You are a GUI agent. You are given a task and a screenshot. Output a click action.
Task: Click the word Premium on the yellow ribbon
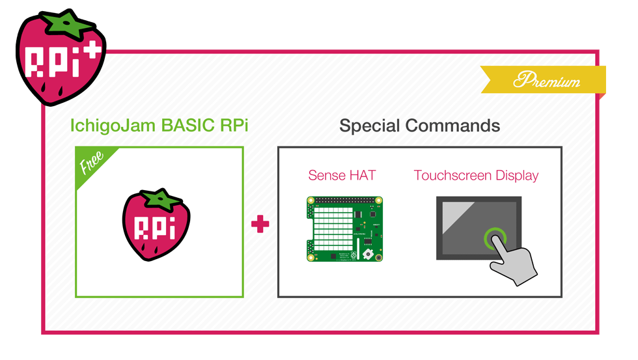click(x=546, y=79)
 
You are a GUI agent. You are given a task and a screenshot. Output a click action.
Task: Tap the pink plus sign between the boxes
click(x=260, y=224)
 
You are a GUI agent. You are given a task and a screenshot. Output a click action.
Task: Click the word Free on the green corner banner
click(x=92, y=161)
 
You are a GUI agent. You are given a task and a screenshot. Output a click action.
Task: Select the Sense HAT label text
click(x=342, y=175)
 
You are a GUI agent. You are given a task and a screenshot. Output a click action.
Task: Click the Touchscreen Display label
click(x=476, y=175)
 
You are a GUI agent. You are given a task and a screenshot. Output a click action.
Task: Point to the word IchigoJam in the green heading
click(x=113, y=126)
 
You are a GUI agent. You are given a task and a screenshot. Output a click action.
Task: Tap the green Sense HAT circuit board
click(x=344, y=229)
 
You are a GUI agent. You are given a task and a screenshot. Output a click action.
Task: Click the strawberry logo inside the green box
click(x=156, y=224)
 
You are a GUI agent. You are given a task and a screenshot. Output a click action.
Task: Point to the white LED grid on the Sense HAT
click(x=333, y=228)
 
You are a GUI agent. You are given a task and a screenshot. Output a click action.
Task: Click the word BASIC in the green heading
click(x=187, y=125)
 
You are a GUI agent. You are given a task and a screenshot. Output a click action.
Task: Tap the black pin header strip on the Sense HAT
click(x=344, y=201)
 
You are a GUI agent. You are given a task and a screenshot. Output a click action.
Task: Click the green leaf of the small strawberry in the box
click(x=161, y=199)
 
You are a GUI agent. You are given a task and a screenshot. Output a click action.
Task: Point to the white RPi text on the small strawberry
click(x=155, y=228)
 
